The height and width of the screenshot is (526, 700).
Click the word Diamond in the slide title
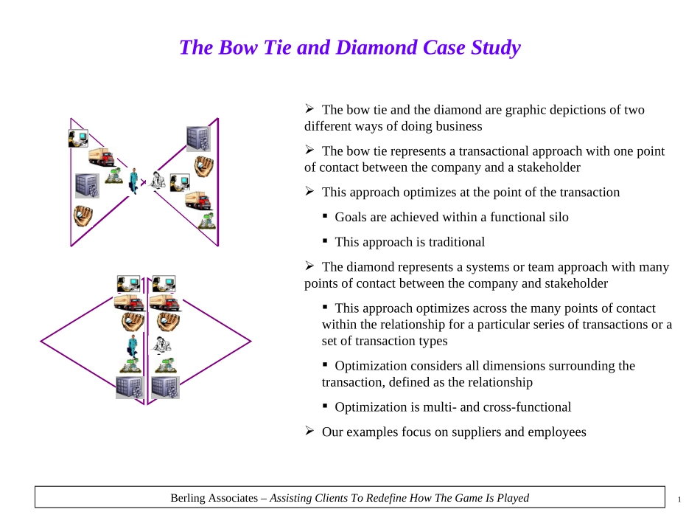[x=377, y=47]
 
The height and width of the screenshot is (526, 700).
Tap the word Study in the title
[x=496, y=48]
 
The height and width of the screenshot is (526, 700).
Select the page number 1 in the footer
[x=679, y=499]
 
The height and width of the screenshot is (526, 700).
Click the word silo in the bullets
[x=559, y=217]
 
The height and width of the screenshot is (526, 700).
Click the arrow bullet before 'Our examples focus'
[x=309, y=431]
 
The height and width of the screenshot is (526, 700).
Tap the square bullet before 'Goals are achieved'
[x=325, y=216]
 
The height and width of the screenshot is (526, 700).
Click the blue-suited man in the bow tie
[x=133, y=181]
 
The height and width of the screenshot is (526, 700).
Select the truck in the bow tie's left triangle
[x=102, y=156]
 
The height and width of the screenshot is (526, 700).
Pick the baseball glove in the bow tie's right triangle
[x=203, y=166]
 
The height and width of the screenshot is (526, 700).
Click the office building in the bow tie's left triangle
[x=87, y=186]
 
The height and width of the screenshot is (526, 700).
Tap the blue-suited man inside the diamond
[x=133, y=346]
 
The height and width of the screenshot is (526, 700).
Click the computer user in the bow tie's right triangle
[x=180, y=182]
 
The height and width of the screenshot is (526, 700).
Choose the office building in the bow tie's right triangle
[x=198, y=139]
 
